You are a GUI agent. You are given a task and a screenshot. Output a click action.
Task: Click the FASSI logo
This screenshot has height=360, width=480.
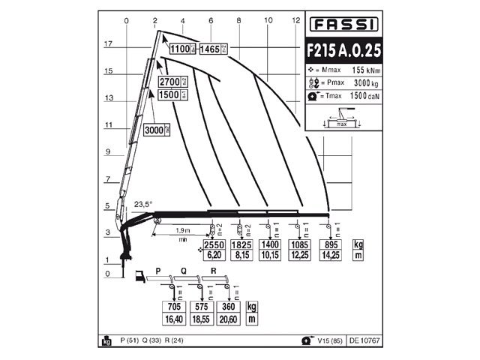tap(342, 25)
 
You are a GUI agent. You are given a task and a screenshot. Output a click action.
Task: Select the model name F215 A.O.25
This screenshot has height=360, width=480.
tap(342, 51)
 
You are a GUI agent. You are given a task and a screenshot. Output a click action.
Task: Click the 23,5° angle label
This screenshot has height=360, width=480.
tap(142, 204)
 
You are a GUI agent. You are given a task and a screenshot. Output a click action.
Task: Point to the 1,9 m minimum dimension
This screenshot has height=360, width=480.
tap(181, 230)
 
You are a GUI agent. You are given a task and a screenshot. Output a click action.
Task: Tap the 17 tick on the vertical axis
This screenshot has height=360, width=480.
tap(108, 44)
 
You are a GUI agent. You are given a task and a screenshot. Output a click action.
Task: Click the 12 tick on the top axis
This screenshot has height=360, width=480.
tap(296, 19)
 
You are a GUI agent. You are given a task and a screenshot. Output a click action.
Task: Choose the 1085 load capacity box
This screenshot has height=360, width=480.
tap(300, 245)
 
